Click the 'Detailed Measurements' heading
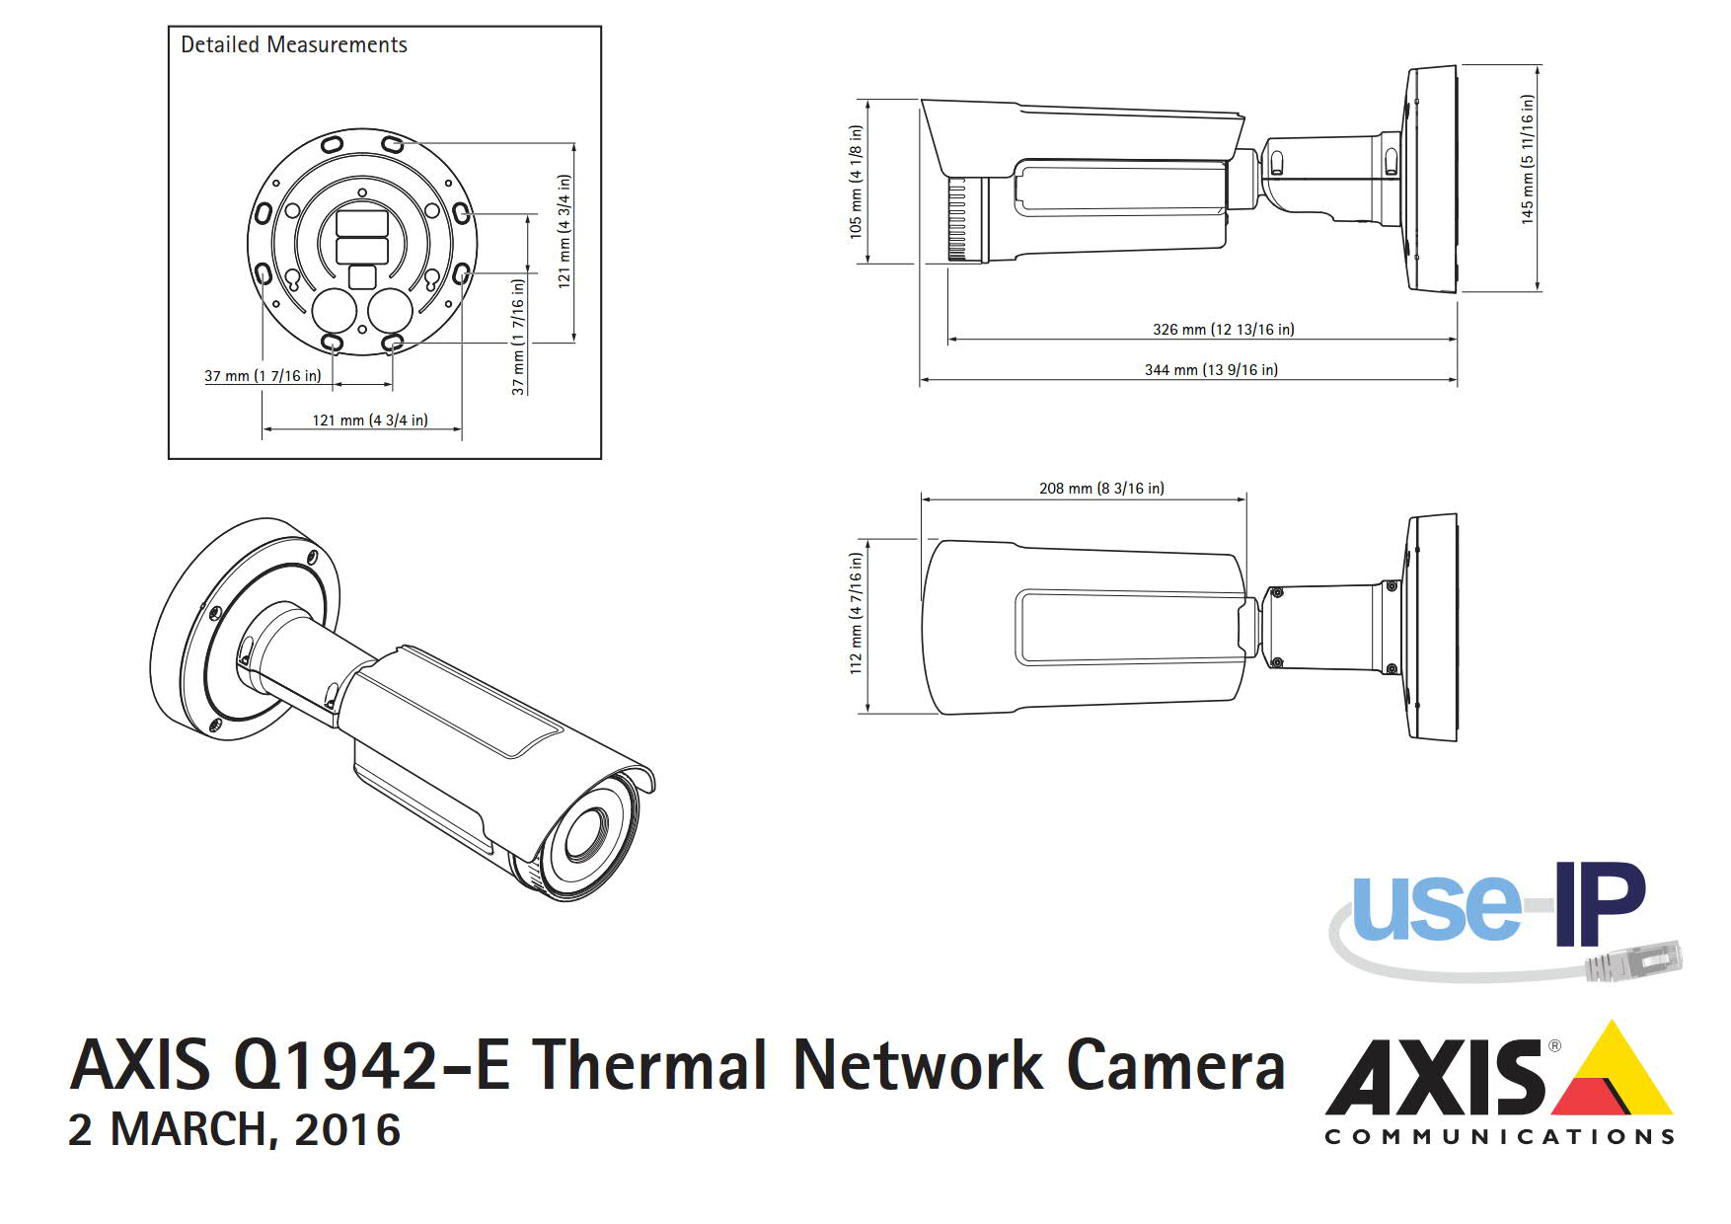click(x=293, y=45)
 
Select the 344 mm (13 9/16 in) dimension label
click(x=1211, y=370)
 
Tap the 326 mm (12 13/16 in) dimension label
click(x=1224, y=330)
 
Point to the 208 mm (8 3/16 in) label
click(x=1101, y=489)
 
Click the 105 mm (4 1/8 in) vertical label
click(x=856, y=181)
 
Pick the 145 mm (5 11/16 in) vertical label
click(x=1528, y=160)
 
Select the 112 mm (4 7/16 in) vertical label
click(x=856, y=613)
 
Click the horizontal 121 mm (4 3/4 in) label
click(x=370, y=421)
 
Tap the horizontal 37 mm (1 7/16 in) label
click(x=263, y=376)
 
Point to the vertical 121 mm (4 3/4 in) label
click(x=564, y=231)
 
